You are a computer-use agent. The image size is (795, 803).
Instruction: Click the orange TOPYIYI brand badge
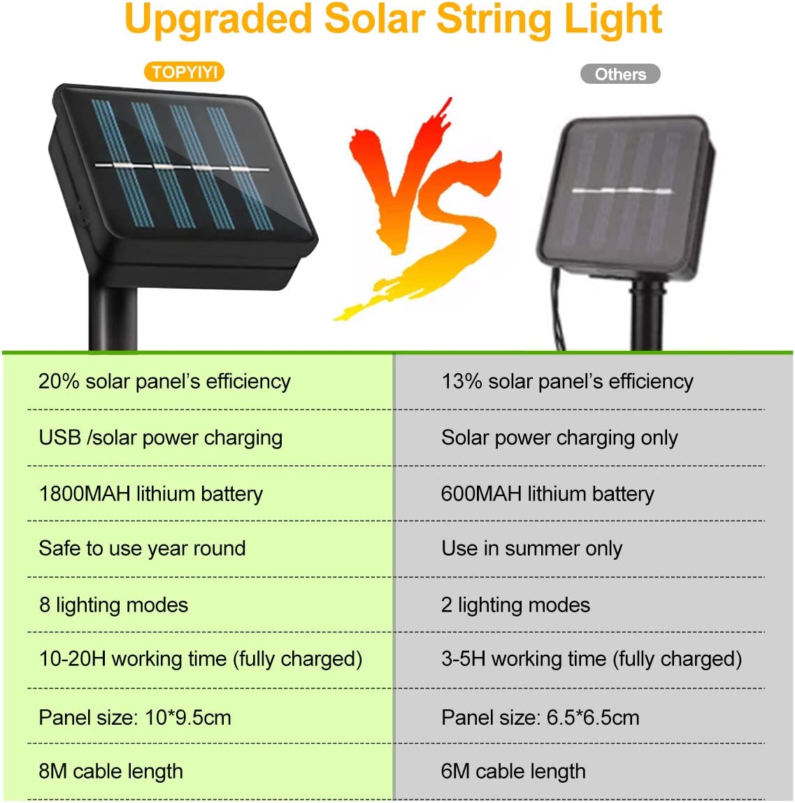(185, 72)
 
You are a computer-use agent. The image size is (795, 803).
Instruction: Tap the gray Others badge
(619, 74)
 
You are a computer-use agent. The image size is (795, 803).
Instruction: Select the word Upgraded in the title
(218, 20)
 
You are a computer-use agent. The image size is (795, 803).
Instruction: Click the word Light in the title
(613, 20)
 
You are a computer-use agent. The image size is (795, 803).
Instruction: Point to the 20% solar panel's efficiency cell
(164, 382)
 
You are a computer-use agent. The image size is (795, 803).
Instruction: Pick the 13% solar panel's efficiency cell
(567, 382)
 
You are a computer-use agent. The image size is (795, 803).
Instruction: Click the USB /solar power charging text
(160, 438)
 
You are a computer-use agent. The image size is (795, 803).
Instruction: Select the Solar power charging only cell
(559, 438)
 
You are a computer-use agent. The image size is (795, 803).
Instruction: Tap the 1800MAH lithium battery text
(150, 493)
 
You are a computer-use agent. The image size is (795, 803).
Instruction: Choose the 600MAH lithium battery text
(547, 493)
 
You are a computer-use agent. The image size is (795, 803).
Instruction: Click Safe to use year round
(142, 549)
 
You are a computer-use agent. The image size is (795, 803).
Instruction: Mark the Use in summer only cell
(531, 549)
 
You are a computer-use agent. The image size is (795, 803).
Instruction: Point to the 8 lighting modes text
(114, 605)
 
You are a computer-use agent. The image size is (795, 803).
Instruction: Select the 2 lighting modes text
(515, 605)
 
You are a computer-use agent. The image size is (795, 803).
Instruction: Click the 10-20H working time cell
(200, 659)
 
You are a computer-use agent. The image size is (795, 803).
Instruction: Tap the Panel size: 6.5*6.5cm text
(540, 718)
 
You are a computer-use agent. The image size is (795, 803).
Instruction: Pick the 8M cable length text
(110, 772)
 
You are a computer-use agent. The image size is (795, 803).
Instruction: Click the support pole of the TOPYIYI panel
(113, 317)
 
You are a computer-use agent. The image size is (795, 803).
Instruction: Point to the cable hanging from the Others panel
(557, 312)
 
